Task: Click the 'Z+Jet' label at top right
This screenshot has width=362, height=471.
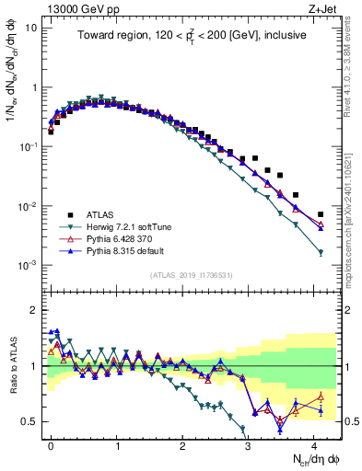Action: (323, 8)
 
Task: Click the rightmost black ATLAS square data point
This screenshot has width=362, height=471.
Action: (321, 214)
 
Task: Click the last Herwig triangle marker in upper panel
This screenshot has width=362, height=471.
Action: (321, 252)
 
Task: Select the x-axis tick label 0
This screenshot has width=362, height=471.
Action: (51, 443)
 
